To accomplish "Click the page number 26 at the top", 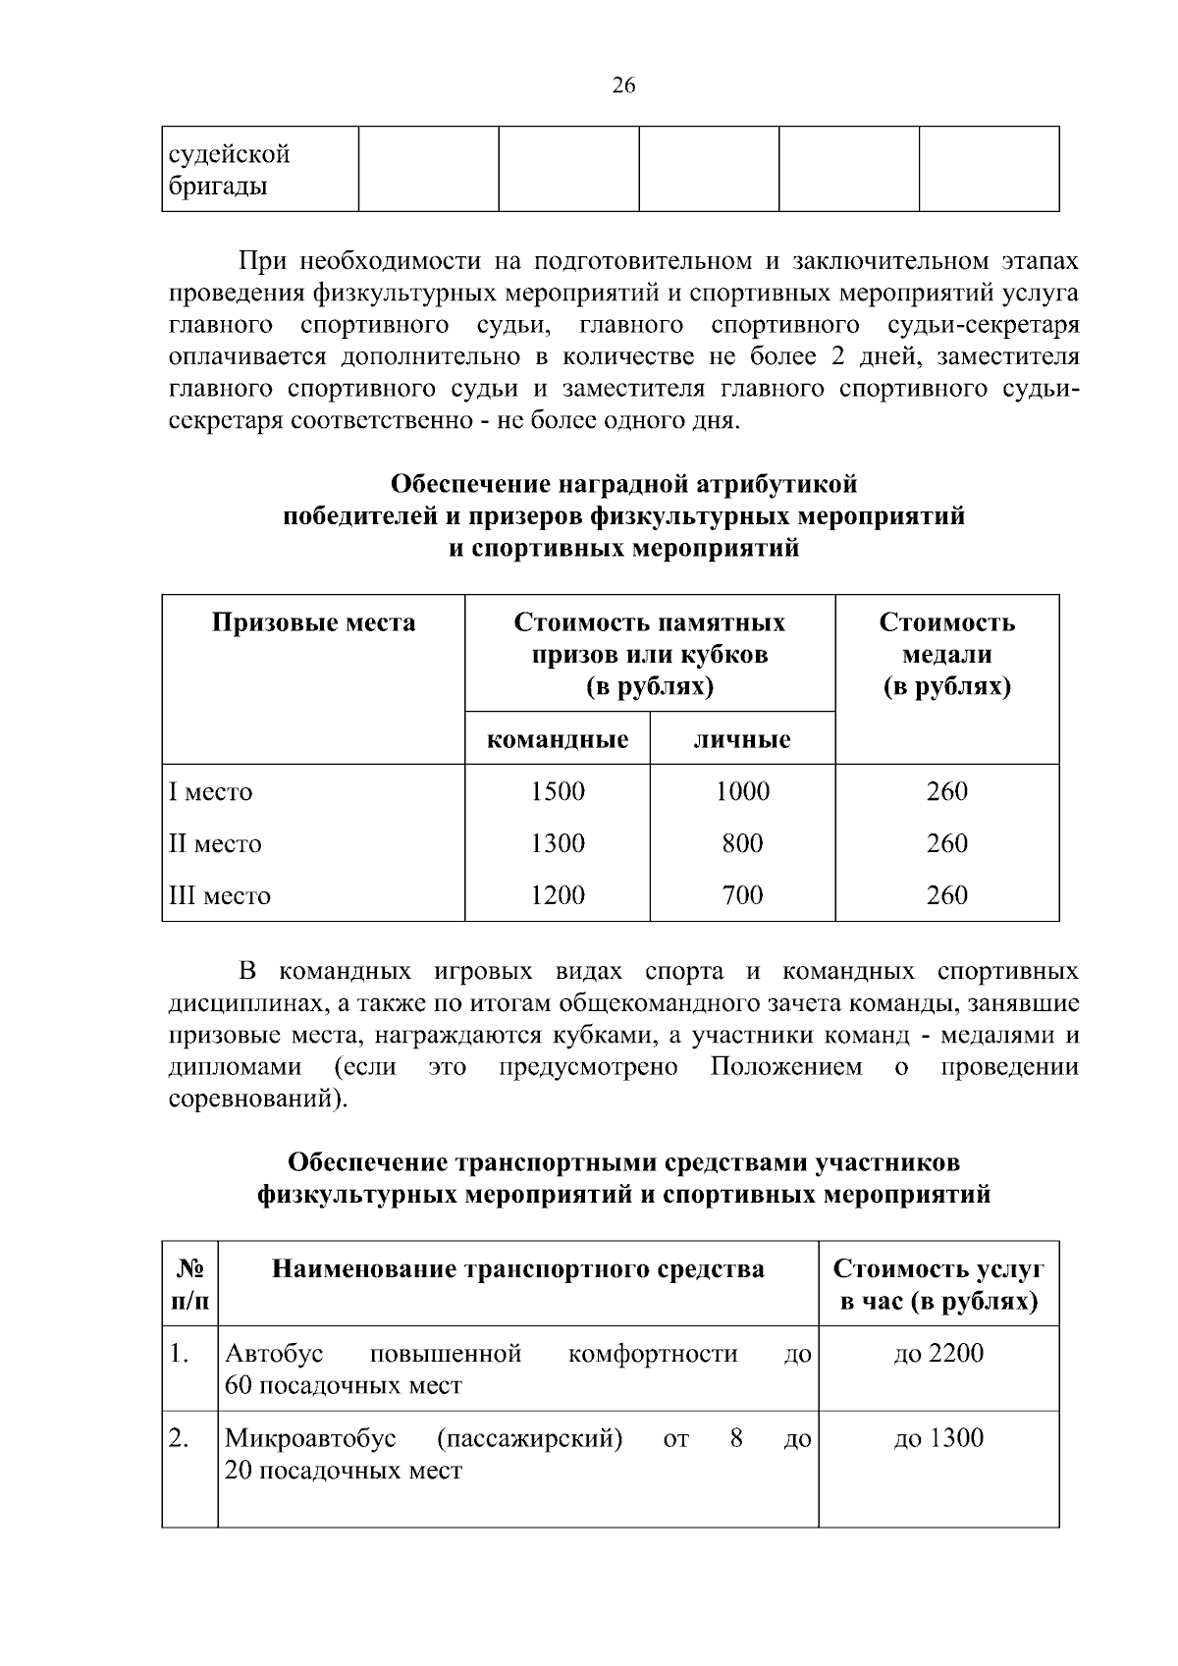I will tap(623, 85).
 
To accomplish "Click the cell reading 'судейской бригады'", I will tap(230, 170).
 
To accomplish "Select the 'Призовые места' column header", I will tap(313, 623).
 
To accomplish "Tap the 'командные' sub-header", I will tap(558, 739).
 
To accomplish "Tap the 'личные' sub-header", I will tap(742, 739).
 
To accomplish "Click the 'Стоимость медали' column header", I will tap(946, 654).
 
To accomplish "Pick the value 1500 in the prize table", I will tap(558, 791).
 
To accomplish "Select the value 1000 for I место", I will tap(742, 791).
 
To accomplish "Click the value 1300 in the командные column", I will tap(558, 843).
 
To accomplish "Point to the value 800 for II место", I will tap(742, 843).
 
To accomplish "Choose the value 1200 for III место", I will tap(558, 895).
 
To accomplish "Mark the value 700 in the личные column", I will tap(742, 895).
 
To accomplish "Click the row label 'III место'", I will tap(220, 896).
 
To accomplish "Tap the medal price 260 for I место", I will tap(946, 791).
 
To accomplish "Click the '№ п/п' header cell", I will tap(189, 1285).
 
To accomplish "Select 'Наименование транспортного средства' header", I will tap(517, 1270).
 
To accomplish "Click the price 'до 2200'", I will tap(938, 1354).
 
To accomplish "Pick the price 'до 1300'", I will tap(938, 1439).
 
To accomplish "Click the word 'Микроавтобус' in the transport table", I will tap(310, 1439).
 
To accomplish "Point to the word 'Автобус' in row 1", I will tap(274, 1354).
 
